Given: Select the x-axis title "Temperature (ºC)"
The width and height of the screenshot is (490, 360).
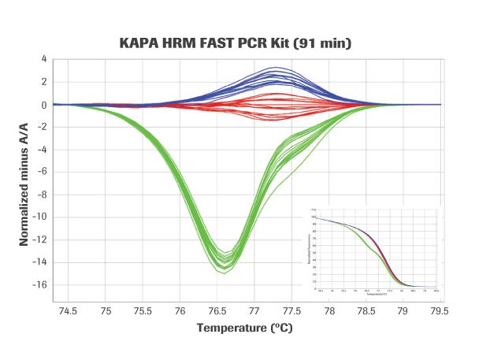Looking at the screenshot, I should tap(245, 328).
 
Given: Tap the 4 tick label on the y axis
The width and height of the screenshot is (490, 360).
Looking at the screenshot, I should tap(44, 59).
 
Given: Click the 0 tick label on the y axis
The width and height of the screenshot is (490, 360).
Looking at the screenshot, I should tap(44, 105).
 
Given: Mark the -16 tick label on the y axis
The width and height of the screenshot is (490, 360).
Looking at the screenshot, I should tap(39, 285).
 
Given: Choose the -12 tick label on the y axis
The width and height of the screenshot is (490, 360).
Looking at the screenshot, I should tap(39, 240).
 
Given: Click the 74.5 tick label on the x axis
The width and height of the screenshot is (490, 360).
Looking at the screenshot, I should tap(69, 311).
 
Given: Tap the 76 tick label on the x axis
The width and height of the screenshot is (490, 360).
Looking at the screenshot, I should tap(180, 311).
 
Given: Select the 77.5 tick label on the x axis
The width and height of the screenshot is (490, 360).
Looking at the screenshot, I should tap(291, 311).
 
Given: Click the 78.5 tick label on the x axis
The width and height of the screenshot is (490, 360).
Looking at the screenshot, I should tap(366, 311).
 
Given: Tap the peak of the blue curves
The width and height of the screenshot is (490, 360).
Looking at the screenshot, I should tap(275, 68).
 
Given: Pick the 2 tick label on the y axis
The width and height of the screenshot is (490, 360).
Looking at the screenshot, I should tap(44, 82).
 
